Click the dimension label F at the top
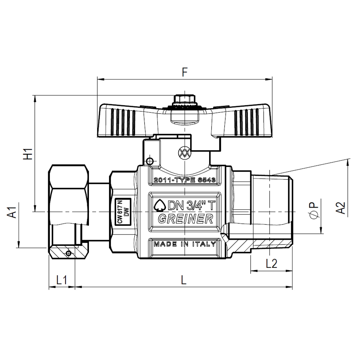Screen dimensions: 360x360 click(x=185, y=72)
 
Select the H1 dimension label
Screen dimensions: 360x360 click(x=28, y=154)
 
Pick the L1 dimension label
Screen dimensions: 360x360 click(x=62, y=280)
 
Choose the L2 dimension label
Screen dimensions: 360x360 click(x=271, y=264)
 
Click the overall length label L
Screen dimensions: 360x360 click(x=184, y=280)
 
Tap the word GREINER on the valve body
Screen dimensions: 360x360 click(x=185, y=219)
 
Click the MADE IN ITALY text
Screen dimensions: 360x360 click(x=185, y=244)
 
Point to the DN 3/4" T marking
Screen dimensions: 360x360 click(x=185, y=205)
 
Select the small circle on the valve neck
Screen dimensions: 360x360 click(x=150, y=161)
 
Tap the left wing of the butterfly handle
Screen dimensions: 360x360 click(x=121, y=120)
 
